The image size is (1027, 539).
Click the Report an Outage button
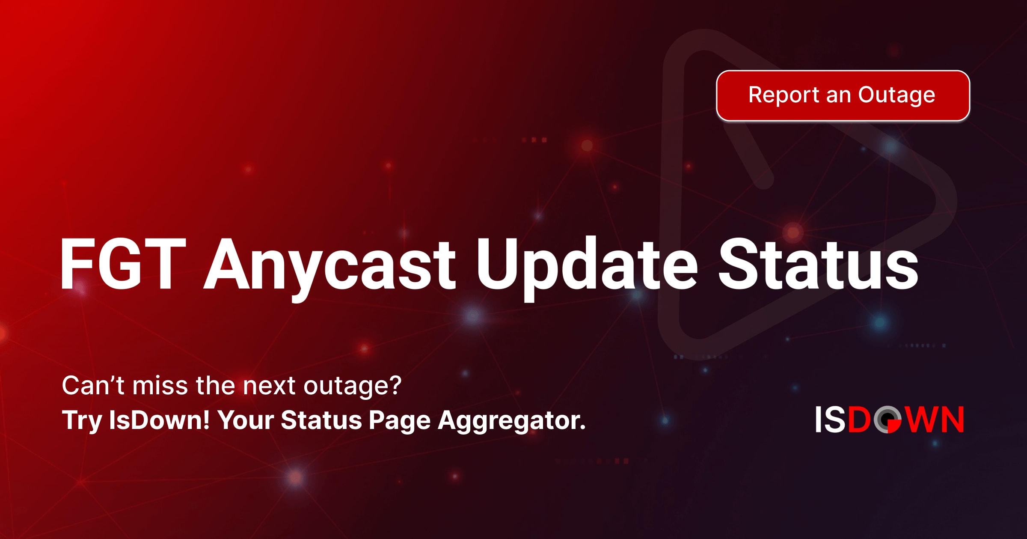click(x=843, y=95)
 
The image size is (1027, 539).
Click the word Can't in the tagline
click(x=93, y=385)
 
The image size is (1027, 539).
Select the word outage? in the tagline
click(x=353, y=387)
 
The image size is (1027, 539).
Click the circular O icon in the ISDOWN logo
click(x=888, y=419)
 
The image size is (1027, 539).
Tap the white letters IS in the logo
click(x=830, y=419)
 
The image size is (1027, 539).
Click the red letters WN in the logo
click(x=934, y=419)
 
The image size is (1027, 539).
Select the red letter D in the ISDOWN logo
click(x=859, y=419)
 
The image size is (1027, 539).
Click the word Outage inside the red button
click(x=896, y=96)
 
